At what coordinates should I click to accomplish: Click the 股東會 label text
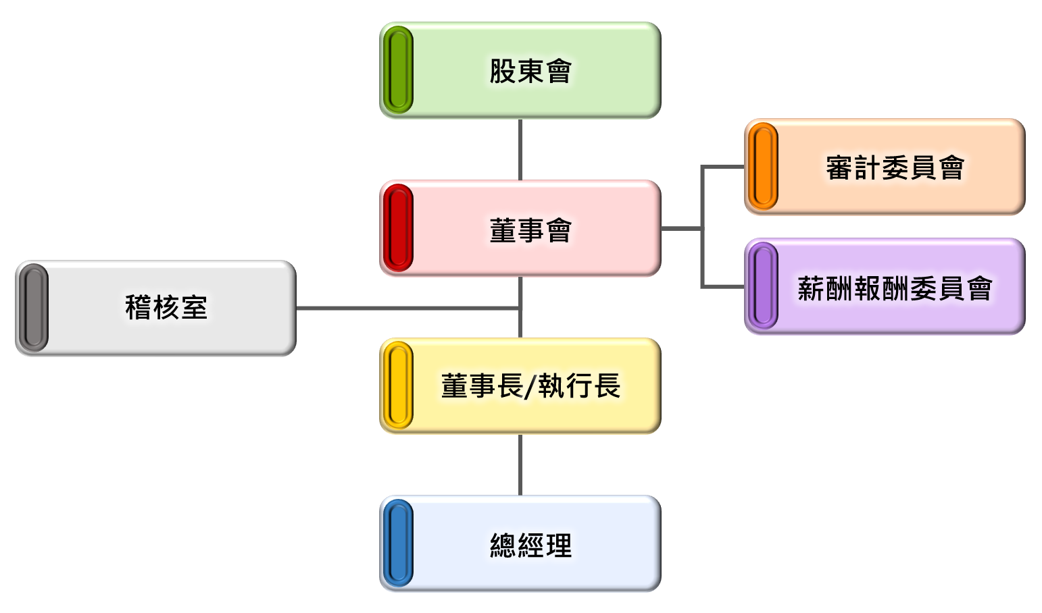(530, 72)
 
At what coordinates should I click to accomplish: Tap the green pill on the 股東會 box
(398, 70)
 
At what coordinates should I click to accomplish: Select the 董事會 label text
(530, 230)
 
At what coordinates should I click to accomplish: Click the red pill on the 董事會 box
(398, 228)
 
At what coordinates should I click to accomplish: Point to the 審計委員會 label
(895, 167)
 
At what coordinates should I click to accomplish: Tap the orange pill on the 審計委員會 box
(763, 167)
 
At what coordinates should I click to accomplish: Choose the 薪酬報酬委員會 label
(895, 289)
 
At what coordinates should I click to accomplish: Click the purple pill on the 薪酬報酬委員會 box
(763, 286)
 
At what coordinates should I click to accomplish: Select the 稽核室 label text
(166, 308)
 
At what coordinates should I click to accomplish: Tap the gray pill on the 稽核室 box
(33, 308)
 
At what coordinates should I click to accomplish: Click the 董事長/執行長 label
(530, 386)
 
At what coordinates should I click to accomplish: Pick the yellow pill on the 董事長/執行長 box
(398, 385)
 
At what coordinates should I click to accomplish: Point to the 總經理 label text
(530, 545)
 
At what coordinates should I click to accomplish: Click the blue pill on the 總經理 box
(398, 543)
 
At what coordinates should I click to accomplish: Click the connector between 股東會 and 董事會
(520, 149)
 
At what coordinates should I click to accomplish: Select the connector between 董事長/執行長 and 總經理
(520, 464)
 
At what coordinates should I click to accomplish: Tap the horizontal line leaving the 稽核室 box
(405, 309)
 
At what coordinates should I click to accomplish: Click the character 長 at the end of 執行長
(607, 386)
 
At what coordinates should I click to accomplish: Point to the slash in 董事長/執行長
(530, 387)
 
